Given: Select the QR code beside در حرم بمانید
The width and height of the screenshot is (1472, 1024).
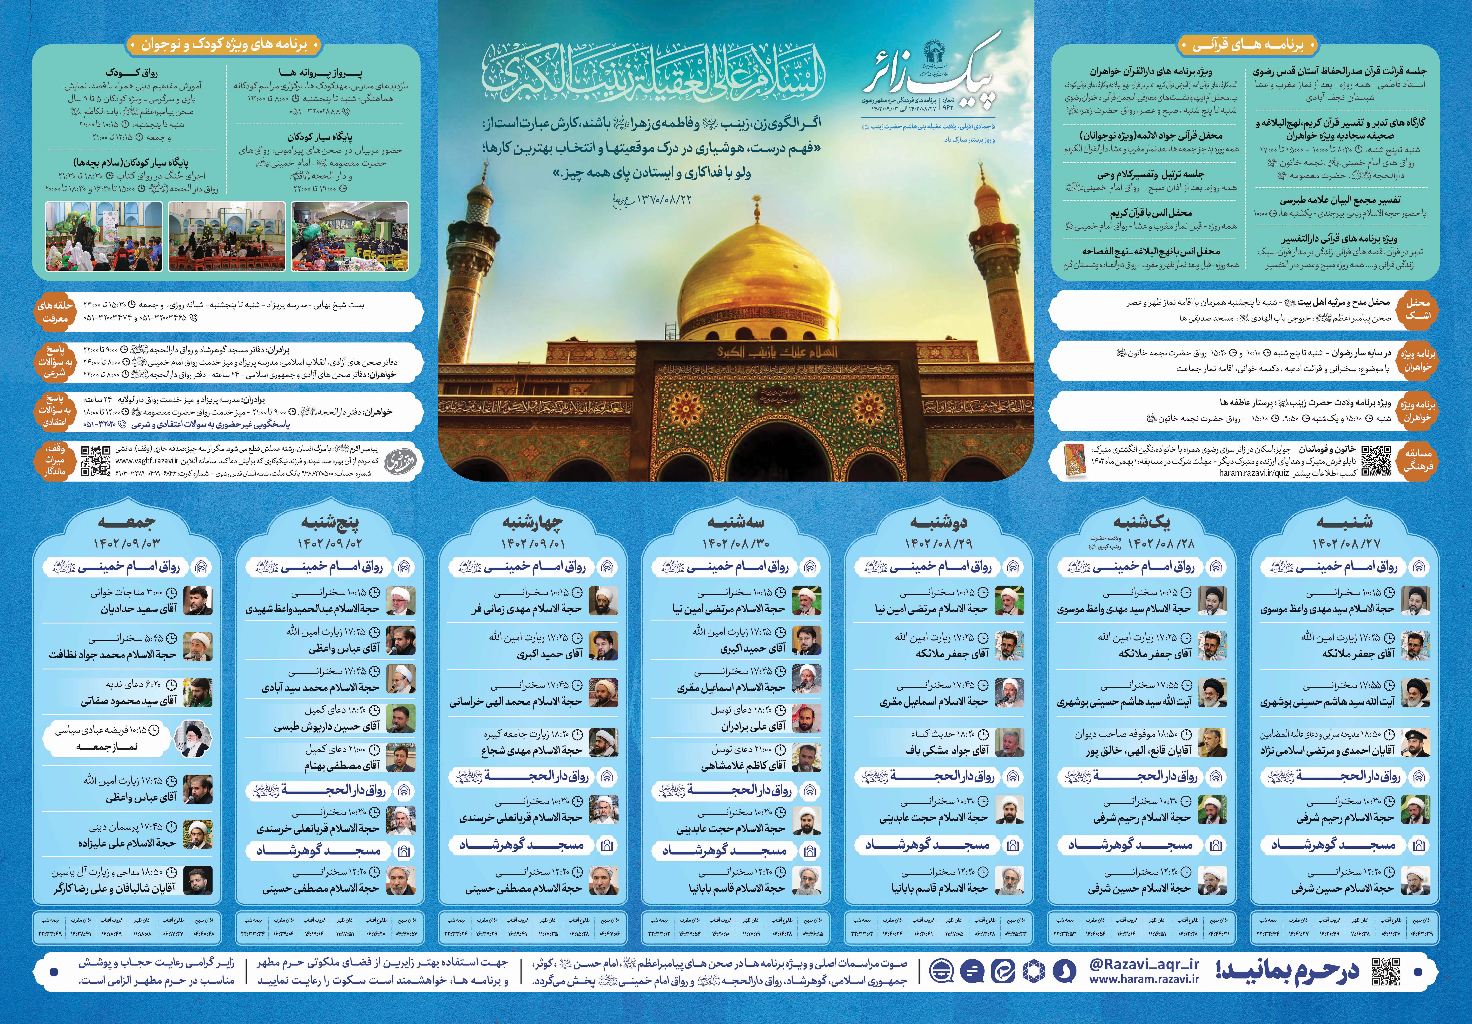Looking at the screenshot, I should coord(1386,972).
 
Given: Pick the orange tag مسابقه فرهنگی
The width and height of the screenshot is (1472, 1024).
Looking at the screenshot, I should coord(1418,460).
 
